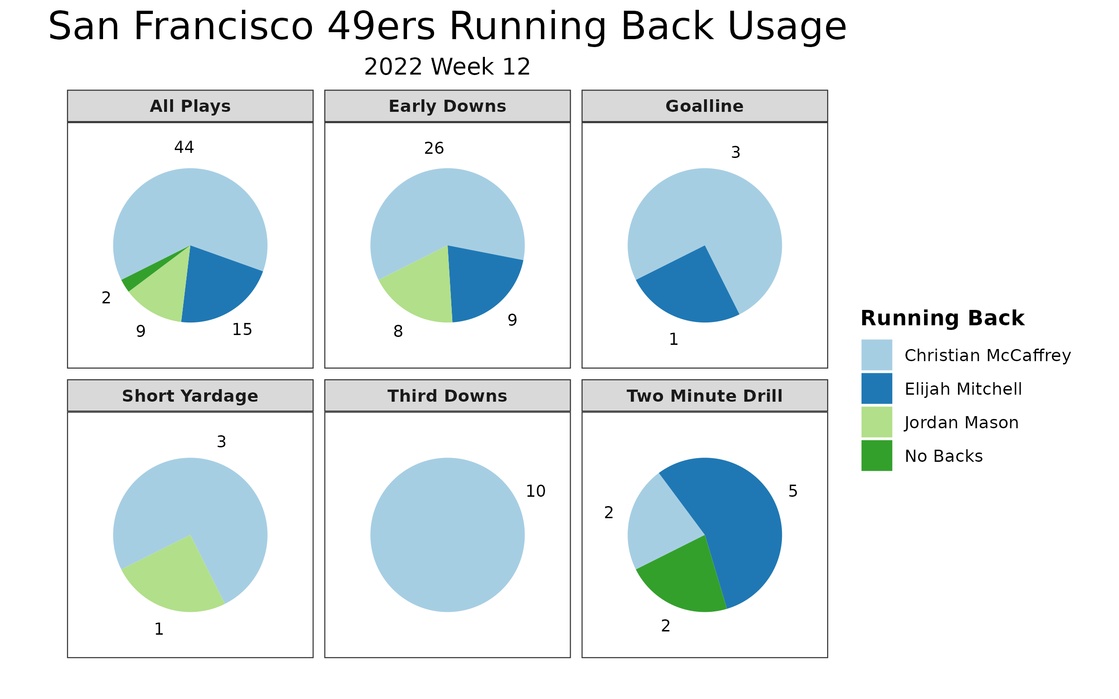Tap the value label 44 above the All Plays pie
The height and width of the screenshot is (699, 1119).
(x=184, y=147)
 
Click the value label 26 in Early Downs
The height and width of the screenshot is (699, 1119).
(x=434, y=148)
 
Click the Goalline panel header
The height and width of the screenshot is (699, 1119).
(x=705, y=106)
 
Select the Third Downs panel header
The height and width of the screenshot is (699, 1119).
(x=448, y=396)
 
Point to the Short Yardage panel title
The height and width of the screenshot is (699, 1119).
(x=190, y=396)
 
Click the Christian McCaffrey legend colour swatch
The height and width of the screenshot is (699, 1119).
(x=877, y=355)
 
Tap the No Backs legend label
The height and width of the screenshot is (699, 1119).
(x=944, y=456)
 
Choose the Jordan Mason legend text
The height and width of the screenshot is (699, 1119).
(x=961, y=422)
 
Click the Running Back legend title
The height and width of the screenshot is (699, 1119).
(x=942, y=318)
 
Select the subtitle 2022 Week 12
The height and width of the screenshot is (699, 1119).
(x=447, y=67)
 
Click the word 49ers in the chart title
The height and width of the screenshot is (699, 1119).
(x=381, y=26)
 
